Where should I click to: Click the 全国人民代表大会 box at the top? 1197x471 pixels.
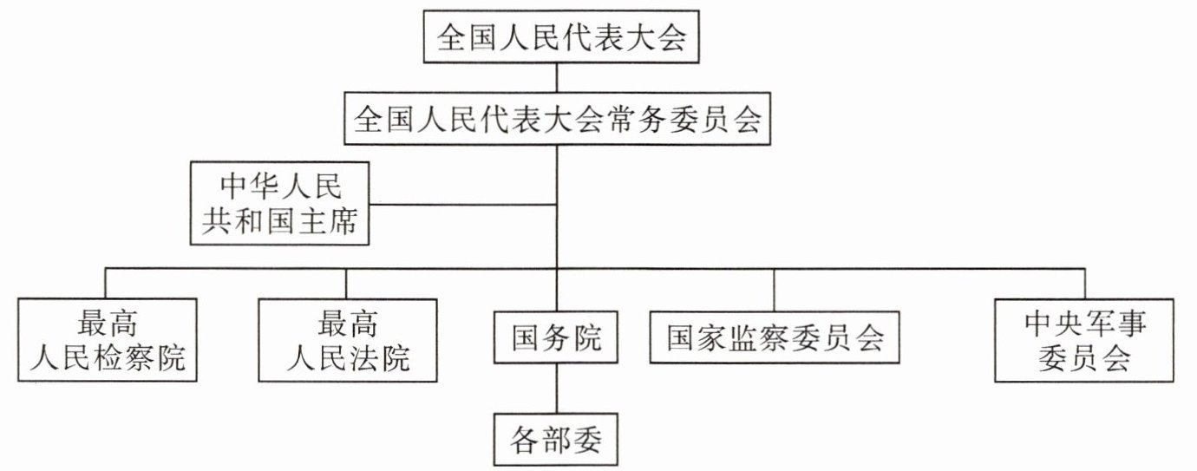pyautogui.click(x=561, y=37)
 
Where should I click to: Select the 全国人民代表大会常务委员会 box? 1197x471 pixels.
pyautogui.click(x=558, y=118)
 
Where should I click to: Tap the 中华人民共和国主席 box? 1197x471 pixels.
pyautogui.click(x=279, y=203)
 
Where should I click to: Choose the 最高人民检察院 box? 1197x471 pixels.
pyautogui.click(x=108, y=340)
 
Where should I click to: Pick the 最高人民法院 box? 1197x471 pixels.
pyautogui.click(x=348, y=340)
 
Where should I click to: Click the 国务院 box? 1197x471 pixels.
pyautogui.click(x=556, y=337)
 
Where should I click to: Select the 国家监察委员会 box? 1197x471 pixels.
pyautogui.click(x=775, y=337)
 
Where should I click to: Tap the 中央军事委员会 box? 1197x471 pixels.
pyautogui.click(x=1084, y=340)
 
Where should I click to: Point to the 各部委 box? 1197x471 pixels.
pyautogui.click(x=556, y=440)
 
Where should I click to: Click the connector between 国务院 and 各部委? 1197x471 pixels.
pyautogui.click(x=557, y=389)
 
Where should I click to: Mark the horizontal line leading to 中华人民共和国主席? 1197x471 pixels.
pyautogui.click(x=463, y=204)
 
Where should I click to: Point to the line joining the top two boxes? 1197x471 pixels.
pyautogui.click(x=557, y=77)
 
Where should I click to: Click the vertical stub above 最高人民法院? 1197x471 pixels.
pyautogui.click(x=346, y=284)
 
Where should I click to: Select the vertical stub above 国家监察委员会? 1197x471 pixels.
pyautogui.click(x=774, y=290)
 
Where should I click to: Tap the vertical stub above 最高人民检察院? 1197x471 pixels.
pyautogui.click(x=106, y=284)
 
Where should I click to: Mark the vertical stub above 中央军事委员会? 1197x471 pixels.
pyautogui.click(x=1085, y=284)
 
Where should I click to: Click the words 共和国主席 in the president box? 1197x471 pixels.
pyautogui.click(x=279, y=220)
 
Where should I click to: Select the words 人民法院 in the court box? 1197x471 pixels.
pyautogui.click(x=348, y=357)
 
